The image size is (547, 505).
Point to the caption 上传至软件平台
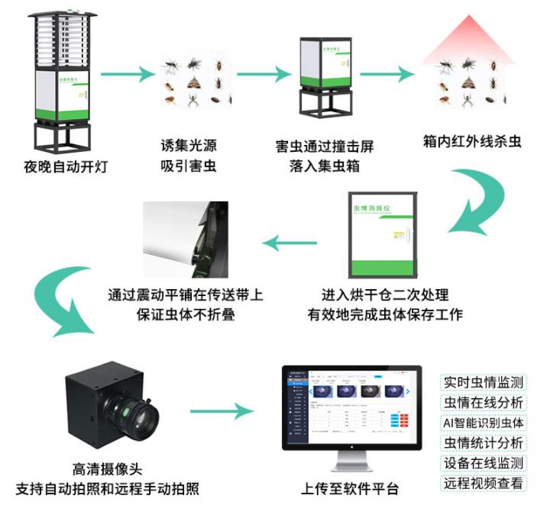point(350,488)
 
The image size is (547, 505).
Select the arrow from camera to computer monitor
point(221,412)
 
